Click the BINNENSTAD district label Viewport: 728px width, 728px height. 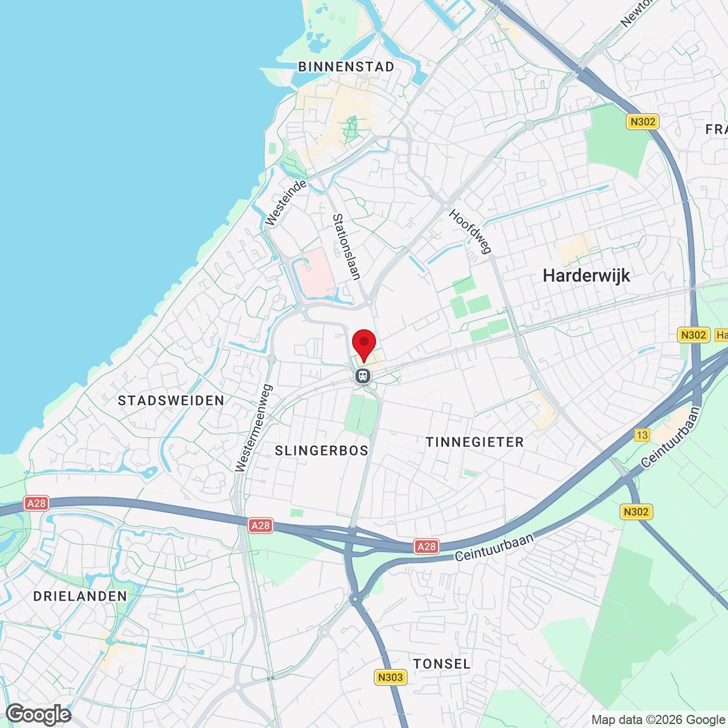346,67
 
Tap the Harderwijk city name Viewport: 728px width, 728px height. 586,276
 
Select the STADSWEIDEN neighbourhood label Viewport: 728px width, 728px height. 171,401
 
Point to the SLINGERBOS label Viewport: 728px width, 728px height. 322,451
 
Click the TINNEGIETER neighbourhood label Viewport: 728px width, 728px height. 475,442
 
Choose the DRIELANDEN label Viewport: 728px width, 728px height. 80,597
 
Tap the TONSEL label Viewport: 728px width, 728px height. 442,664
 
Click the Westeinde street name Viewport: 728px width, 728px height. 286,202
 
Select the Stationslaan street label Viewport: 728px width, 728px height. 346,247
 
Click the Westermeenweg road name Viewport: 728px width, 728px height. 254,428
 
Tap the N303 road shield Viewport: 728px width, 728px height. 390,677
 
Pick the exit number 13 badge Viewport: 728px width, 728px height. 642,435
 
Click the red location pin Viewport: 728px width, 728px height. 364,344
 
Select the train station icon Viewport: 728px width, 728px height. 363,376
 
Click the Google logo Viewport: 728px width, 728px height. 39,714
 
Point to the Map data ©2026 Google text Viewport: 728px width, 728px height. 659,720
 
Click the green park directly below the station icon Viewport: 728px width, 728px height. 361,414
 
